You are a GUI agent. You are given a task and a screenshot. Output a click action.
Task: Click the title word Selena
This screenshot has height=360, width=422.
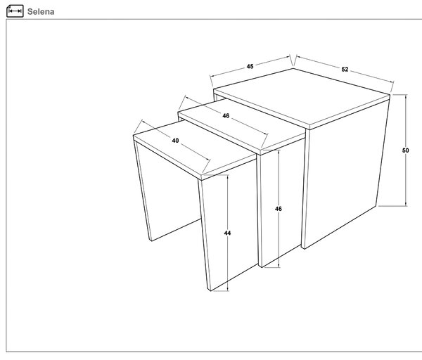(x=41, y=11)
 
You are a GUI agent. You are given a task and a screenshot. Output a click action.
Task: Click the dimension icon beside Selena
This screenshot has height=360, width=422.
(x=15, y=11)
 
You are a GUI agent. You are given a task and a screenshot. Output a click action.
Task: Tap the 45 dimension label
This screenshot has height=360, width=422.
(x=250, y=66)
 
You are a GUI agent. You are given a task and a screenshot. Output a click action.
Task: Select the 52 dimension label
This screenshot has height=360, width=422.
(x=345, y=70)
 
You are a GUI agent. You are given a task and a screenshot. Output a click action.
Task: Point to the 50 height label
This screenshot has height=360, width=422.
(x=405, y=150)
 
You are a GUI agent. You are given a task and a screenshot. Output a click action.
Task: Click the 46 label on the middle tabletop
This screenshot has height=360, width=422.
(x=226, y=116)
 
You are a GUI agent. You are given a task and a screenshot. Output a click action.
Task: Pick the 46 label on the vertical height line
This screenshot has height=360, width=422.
(x=279, y=209)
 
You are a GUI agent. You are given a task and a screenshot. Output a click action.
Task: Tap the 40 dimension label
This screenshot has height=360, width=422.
(x=175, y=141)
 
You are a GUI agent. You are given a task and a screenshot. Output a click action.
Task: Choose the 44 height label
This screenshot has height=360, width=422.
(x=227, y=233)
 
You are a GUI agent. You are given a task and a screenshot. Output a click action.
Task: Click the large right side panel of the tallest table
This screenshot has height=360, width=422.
(x=346, y=175)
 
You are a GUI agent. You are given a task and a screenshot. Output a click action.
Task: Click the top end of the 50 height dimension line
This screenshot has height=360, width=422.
(x=406, y=95)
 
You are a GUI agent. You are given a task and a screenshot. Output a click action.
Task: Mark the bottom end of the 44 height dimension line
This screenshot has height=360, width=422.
(x=228, y=290)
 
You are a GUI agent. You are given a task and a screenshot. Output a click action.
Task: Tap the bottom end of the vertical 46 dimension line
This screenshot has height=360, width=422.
(x=279, y=267)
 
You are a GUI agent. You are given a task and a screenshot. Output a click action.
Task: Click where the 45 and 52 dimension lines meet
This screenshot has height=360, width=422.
(x=293, y=65)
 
